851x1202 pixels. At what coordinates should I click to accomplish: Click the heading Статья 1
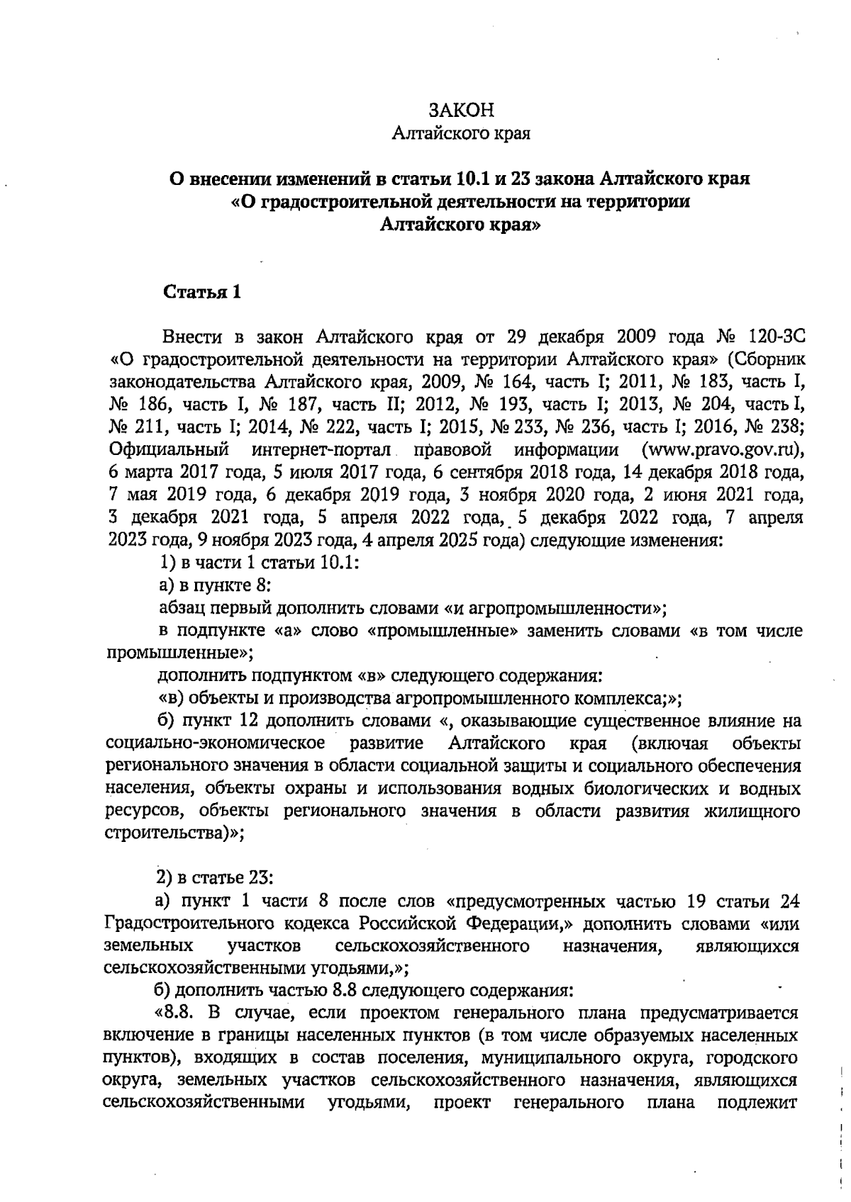pos(202,292)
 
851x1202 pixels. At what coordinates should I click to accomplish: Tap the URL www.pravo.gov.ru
pos(721,450)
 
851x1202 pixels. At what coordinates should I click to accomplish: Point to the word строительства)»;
pos(174,833)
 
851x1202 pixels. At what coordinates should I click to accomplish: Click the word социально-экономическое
pos(216,743)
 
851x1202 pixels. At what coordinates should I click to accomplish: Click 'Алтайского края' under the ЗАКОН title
pos(462,133)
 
